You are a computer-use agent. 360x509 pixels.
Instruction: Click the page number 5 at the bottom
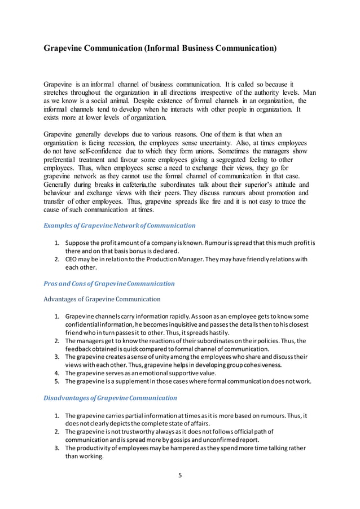pos(180,475)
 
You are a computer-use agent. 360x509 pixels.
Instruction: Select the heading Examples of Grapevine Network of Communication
pos(120,225)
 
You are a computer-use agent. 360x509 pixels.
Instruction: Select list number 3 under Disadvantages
pos(58,448)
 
